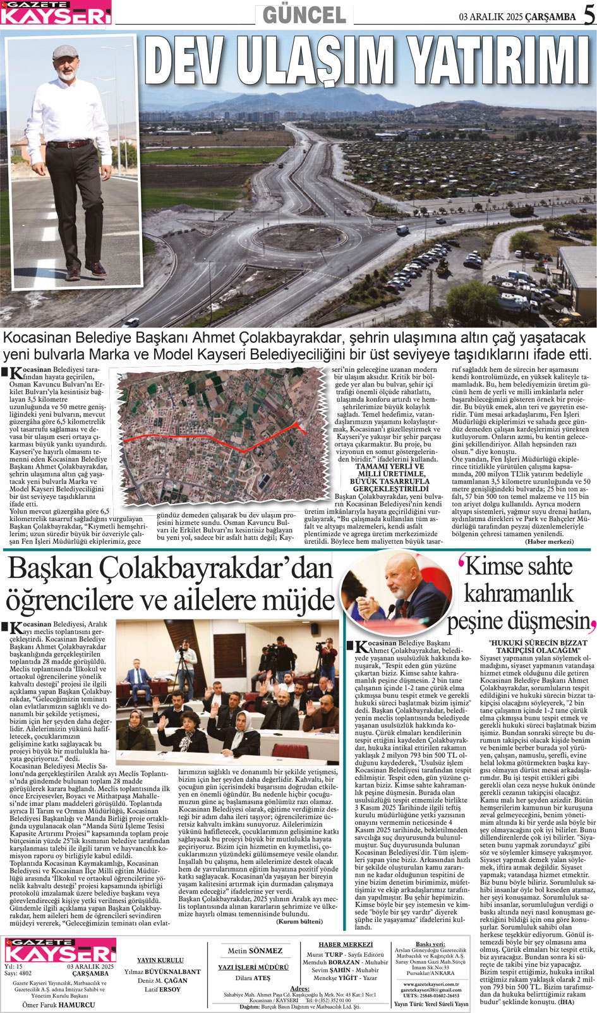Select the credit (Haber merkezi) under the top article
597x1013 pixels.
[x=549, y=542]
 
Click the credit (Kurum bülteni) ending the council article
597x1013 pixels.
[x=299, y=921]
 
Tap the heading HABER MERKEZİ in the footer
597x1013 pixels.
[x=346, y=945]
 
